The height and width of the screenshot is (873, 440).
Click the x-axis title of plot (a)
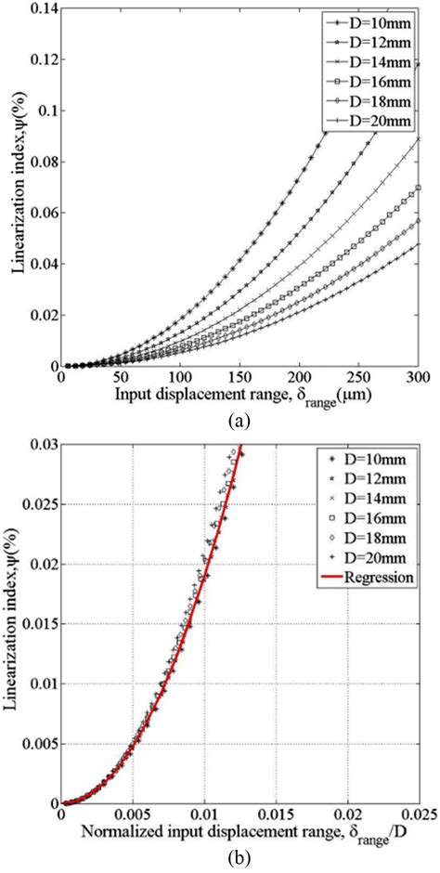233,395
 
